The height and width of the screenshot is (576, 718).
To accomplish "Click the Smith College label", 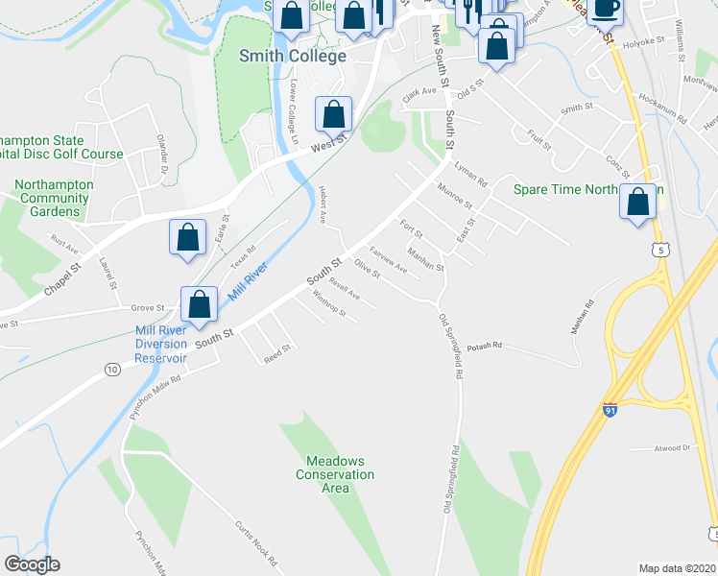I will [x=292, y=56].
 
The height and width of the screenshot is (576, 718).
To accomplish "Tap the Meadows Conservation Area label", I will [x=335, y=474].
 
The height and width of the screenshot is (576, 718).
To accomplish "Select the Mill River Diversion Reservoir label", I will [x=160, y=345].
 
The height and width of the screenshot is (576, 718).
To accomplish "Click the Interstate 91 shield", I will [x=610, y=410].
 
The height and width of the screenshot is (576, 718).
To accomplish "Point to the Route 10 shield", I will [x=112, y=369].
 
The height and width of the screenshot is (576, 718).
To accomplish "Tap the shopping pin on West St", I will [x=333, y=116].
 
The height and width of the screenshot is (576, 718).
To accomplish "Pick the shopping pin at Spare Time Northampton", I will [x=638, y=204].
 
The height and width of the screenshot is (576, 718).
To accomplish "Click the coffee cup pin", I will [x=605, y=9].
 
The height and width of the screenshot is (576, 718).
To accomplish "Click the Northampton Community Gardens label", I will [x=54, y=198].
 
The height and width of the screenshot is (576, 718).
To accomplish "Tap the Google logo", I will [x=32, y=564].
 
